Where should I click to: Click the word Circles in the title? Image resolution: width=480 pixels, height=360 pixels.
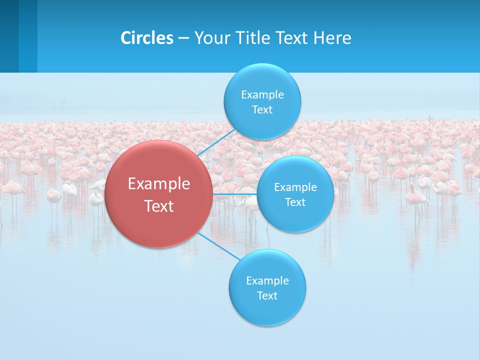click(147, 38)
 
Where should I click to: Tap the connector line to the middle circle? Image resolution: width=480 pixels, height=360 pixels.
click(235, 194)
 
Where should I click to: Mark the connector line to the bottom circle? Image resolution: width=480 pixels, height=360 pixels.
click(218, 246)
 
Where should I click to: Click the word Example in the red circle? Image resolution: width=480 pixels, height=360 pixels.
click(159, 184)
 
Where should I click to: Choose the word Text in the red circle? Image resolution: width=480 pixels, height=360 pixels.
click(159, 206)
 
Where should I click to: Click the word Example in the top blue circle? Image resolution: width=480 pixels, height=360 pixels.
click(262, 95)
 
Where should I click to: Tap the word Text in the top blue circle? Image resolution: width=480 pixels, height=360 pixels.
click(262, 110)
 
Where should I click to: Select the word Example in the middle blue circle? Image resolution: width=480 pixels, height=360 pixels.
click(295, 187)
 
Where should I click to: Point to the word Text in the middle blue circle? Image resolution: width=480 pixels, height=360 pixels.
click(295, 202)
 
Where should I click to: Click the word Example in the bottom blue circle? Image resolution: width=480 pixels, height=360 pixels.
click(267, 281)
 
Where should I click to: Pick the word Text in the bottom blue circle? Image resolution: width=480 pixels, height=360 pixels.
click(267, 296)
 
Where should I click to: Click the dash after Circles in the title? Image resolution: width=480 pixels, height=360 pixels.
click(183, 38)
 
